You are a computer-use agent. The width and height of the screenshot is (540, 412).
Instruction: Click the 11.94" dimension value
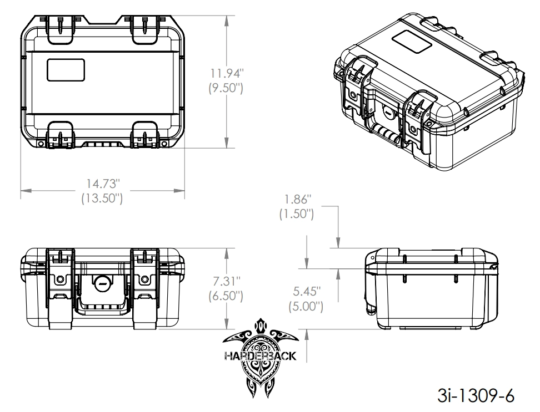click(227, 73)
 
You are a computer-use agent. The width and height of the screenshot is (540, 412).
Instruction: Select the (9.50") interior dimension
click(226, 88)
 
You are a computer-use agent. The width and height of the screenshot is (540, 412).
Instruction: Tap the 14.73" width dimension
click(103, 184)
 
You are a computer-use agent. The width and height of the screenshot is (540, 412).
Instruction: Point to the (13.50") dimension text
click(102, 199)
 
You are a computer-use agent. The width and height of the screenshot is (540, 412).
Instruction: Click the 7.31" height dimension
click(226, 281)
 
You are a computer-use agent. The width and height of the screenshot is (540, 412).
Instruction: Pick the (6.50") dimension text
click(226, 296)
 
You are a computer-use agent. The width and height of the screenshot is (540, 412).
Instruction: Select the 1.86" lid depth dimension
click(297, 199)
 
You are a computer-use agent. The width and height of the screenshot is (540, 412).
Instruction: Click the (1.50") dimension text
click(297, 214)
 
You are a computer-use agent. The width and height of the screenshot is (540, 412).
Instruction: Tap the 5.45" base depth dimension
click(307, 291)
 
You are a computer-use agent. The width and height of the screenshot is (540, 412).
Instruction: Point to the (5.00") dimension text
click(306, 306)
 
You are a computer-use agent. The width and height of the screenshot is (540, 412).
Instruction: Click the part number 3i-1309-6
click(476, 395)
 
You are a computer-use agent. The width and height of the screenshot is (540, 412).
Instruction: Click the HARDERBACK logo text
click(261, 355)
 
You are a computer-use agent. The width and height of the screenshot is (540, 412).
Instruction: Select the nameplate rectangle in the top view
click(66, 70)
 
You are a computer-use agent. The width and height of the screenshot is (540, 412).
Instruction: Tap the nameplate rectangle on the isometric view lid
click(412, 42)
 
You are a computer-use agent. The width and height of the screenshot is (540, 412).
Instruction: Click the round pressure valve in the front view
click(102, 282)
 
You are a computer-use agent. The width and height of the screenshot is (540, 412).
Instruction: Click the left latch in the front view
click(61, 289)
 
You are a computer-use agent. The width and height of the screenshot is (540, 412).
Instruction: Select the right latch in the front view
click(144, 289)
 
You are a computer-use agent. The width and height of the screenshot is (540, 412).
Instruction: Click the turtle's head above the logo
click(261, 325)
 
